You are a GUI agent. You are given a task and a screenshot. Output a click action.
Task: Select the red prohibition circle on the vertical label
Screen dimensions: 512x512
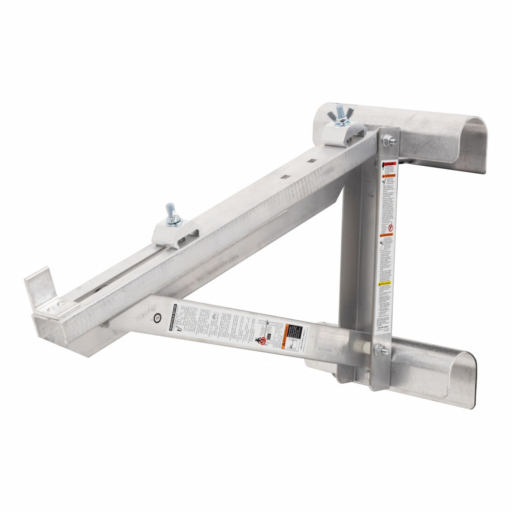pyautogui.click(x=386, y=228)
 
